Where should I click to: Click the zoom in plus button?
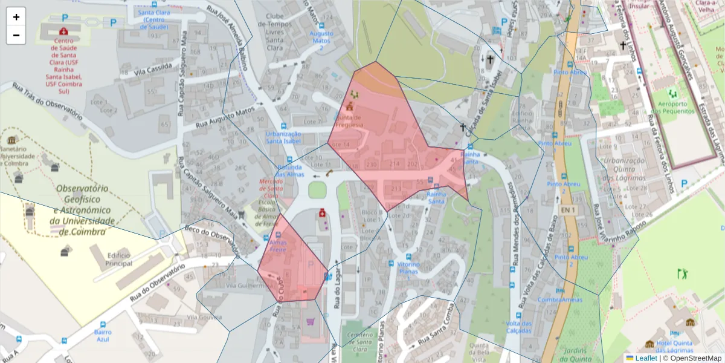(16, 17)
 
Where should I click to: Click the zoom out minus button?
(16, 35)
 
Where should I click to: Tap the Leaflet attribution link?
(645, 358)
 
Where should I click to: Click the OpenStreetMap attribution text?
(692, 358)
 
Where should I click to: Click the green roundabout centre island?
(317, 189)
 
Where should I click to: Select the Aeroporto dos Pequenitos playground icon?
(672, 94)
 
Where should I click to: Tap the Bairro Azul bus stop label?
(103, 335)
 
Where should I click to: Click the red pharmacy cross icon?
(323, 213)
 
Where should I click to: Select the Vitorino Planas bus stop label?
(408, 269)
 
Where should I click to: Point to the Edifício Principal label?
(118, 259)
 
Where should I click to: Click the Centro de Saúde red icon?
(63, 31)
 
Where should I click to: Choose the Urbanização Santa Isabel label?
(283, 137)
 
